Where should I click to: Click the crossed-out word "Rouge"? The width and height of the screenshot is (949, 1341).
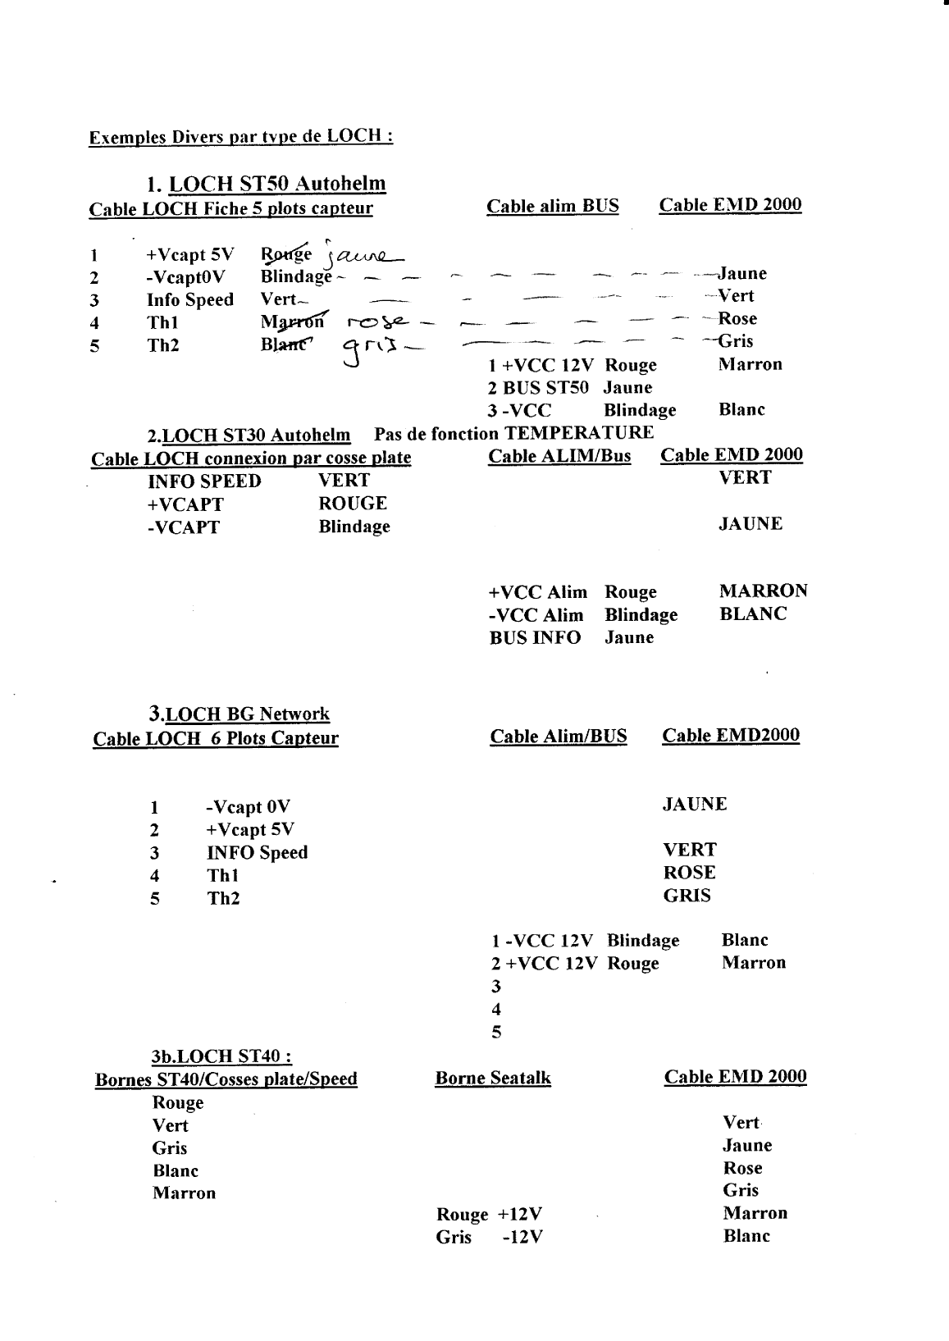coord(286,253)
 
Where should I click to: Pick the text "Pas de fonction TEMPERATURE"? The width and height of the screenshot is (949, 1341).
coord(513,433)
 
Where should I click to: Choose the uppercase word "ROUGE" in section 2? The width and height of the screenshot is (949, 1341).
coord(353,504)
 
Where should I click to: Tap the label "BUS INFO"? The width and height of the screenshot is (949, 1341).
coord(535,638)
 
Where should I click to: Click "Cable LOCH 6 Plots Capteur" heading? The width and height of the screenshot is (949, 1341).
coord(216,739)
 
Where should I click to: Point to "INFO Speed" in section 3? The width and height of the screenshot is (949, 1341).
coord(257,853)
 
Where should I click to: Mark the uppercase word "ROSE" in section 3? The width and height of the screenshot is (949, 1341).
coord(689,873)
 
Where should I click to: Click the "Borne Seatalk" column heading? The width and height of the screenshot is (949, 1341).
coord(493,1079)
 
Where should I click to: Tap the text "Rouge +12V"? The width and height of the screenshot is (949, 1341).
coord(489,1215)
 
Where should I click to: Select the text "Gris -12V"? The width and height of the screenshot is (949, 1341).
coord(489,1238)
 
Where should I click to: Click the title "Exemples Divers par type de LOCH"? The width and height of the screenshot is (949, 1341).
coord(240,136)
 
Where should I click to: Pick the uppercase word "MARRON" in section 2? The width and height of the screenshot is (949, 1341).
coord(763,591)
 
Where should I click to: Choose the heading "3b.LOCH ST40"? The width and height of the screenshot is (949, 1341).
coord(219,1056)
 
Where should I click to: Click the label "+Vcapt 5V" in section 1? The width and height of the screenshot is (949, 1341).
coord(190,255)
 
